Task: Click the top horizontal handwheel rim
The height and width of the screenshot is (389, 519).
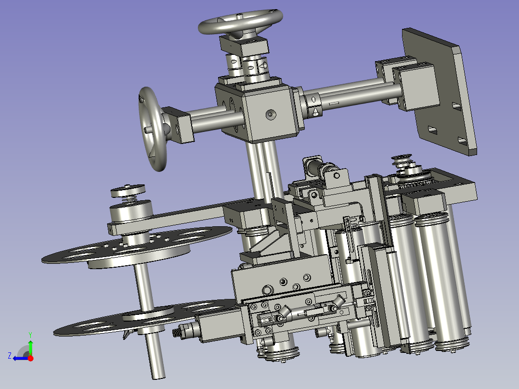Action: coord(212,28)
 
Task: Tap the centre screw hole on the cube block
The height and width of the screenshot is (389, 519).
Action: coord(271,115)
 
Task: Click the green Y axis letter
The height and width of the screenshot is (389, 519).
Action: coord(30,335)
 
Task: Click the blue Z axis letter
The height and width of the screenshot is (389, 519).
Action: coord(10,356)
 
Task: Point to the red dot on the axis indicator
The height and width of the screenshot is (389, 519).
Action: coord(30,358)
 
